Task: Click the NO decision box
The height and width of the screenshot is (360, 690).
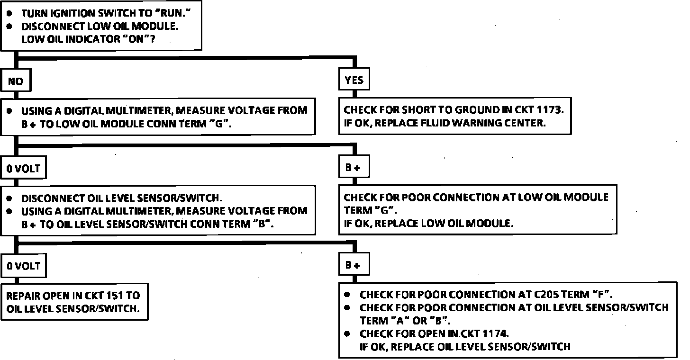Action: point(15,81)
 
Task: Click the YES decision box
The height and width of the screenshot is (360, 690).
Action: point(354,81)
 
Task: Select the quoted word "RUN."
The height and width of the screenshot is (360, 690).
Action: point(169,14)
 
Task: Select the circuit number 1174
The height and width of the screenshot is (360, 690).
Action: point(494,333)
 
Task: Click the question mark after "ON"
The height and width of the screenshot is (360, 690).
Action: point(153,39)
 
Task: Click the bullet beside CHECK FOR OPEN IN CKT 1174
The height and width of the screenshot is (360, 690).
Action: point(348,333)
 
